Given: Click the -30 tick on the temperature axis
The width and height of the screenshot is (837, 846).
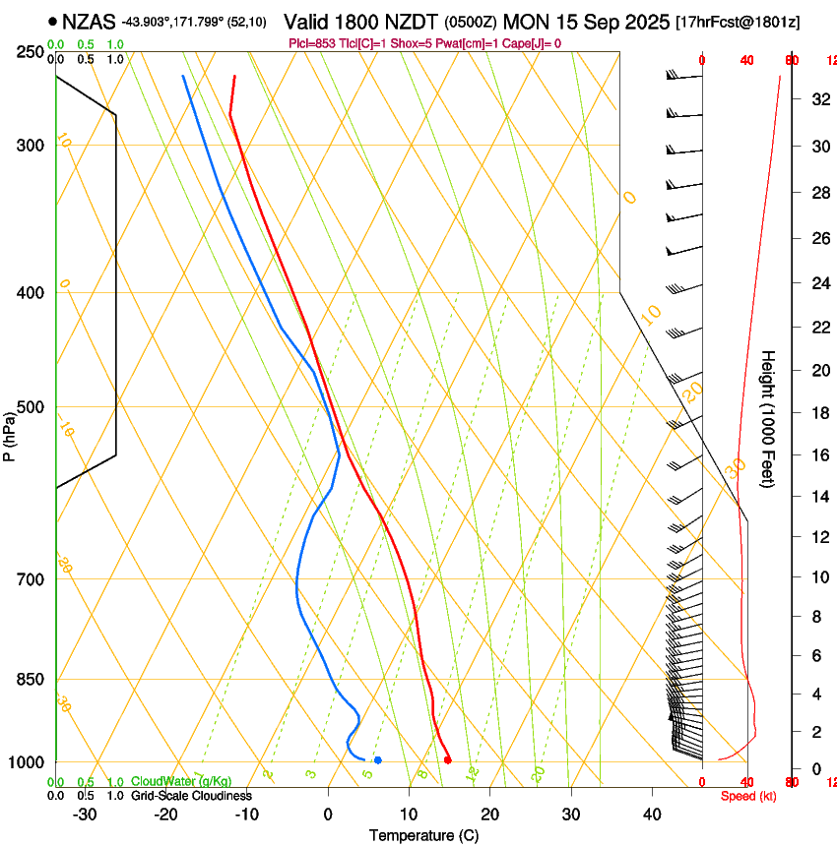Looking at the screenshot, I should [x=86, y=815].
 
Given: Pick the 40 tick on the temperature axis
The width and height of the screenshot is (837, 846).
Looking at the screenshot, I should [x=651, y=815].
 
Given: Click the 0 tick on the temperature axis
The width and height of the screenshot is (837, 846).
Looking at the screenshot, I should [x=328, y=815].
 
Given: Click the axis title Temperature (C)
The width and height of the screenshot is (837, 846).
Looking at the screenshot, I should [x=423, y=836].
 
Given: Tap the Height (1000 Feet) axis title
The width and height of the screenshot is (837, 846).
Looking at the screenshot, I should [x=769, y=419].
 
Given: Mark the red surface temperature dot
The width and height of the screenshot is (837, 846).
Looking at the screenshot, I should [x=448, y=759].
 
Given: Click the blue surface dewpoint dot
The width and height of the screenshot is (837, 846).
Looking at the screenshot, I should [x=377, y=759].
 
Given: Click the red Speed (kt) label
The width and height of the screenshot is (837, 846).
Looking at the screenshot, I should [x=748, y=796].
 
